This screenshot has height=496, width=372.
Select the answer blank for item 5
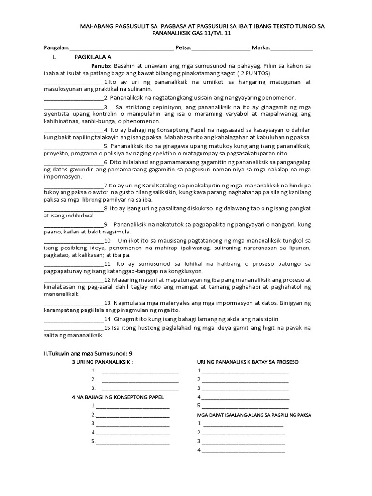tap(74, 146)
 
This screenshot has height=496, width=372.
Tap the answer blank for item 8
tap(74, 209)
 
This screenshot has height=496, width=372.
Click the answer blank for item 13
tap(74, 303)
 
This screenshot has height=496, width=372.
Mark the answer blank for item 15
tap(74, 328)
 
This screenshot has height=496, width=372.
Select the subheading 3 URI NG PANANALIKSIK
tap(102, 362)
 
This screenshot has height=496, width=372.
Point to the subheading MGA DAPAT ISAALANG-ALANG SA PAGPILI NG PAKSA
tap(254, 416)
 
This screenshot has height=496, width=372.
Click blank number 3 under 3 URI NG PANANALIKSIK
tap(140, 388)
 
